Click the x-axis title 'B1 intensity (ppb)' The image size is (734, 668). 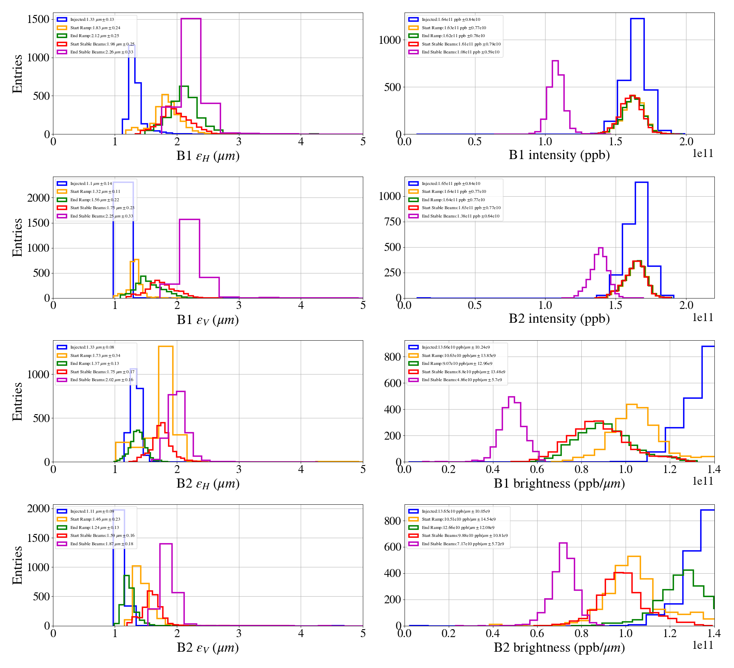[559, 155]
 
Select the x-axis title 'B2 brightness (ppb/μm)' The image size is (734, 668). [559, 648]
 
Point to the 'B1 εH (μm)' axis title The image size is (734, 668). [208, 156]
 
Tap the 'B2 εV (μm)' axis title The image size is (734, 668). [208, 648]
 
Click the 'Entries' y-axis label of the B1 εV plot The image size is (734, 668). [17, 237]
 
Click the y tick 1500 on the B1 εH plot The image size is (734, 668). [38, 19]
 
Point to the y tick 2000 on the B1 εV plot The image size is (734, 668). [38, 198]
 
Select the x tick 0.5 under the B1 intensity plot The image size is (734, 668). [475, 142]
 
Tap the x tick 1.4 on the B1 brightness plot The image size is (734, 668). [714, 470]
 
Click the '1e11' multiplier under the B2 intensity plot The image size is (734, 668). [703, 318]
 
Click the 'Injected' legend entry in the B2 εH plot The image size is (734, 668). [92, 347]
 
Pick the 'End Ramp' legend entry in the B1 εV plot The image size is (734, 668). [94, 200]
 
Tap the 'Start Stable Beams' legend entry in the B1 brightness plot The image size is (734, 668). [463, 372]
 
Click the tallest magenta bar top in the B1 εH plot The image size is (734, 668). [191, 19]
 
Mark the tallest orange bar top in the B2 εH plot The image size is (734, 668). [166, 347]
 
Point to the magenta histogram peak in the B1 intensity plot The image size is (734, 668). [555, 61]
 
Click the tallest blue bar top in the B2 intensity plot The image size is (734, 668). [641, 182]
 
